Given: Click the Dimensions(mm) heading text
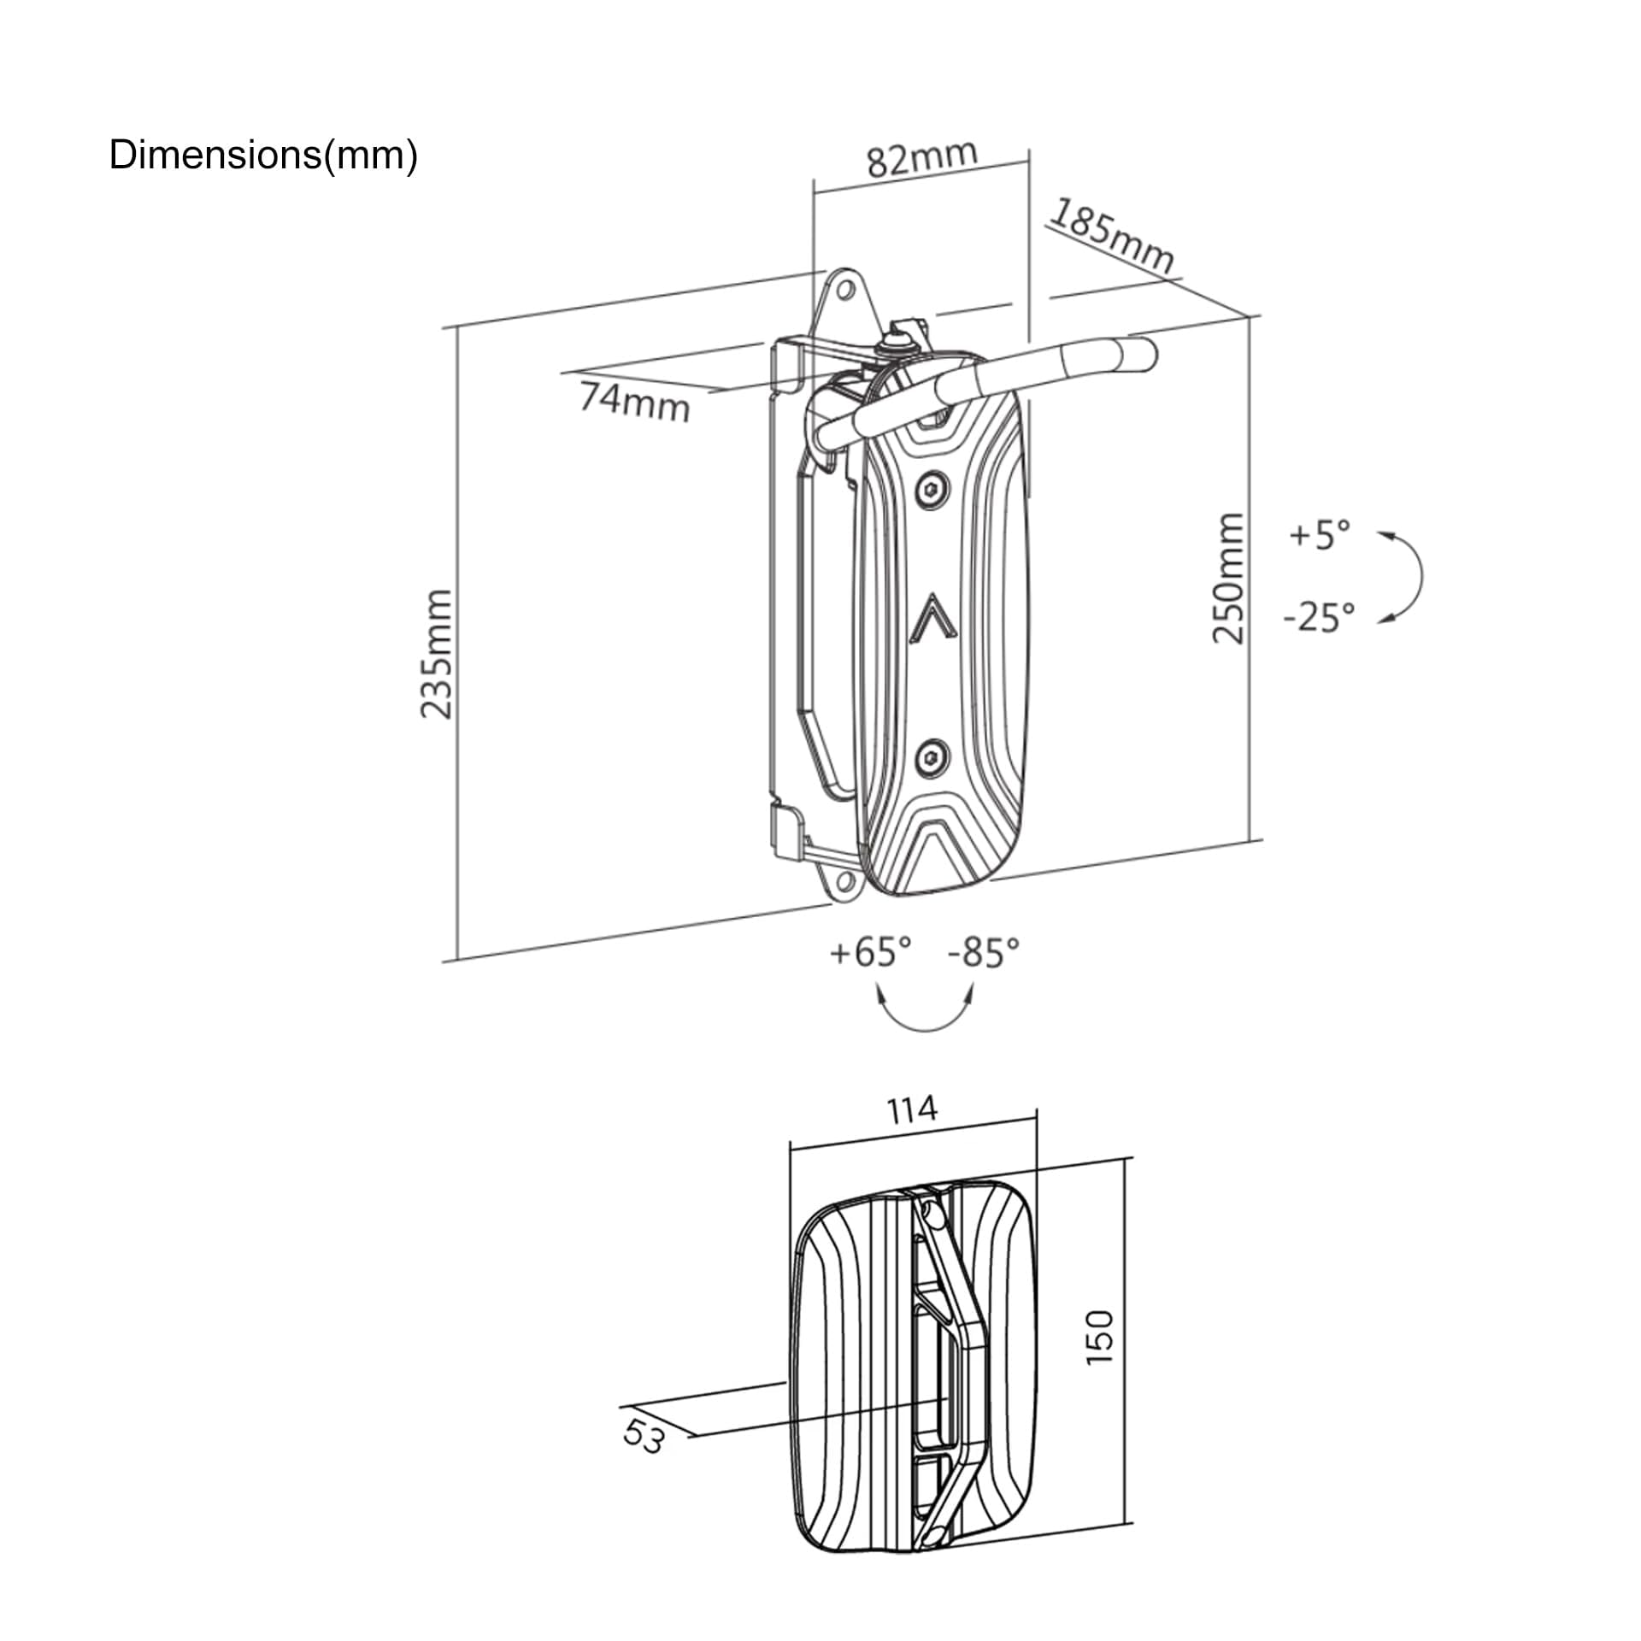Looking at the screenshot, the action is [x=263, y=156].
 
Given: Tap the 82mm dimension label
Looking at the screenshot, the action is [x=922, y=158].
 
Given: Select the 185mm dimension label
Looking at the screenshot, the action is [x=1111, y=236].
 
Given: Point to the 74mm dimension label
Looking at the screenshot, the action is [x=634, y=402].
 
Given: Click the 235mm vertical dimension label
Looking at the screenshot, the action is [x=437, y=653].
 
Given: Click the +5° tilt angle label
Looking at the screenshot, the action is [x=1320, y=534].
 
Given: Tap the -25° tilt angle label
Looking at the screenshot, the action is [x=1320, y=616].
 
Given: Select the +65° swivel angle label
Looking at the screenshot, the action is [x=871, y=951].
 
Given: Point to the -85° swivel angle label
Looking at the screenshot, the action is [x=984, y=951].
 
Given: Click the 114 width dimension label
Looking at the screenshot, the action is [x=912, y=1110].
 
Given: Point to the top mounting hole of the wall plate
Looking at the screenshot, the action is [x=845, y=291].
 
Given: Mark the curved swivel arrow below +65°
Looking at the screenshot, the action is [x=926, y=1028].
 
